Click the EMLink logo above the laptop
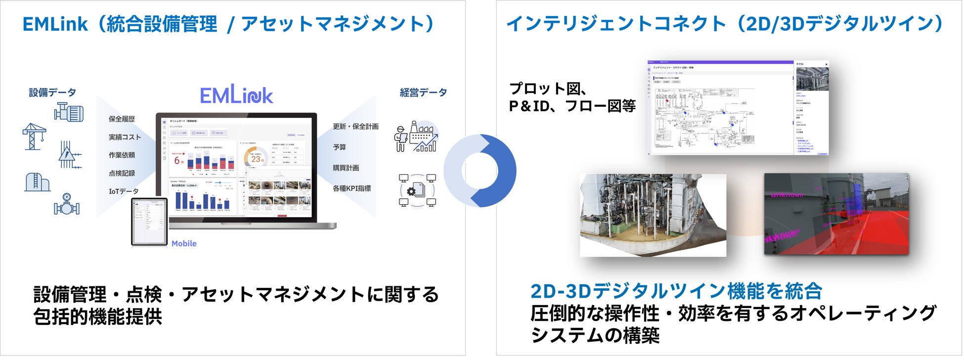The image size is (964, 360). pyautogui.click(x=236, y=94)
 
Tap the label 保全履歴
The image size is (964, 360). pyautogui.click(x=122, y=119)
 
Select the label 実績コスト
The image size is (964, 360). pyautogui.click(x=125, y=137)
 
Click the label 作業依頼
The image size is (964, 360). pyautogui.click(x=122, y=155)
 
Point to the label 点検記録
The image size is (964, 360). pyautogui.click(x=122, y=174)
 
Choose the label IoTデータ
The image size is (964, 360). pyautogui.click(x=124, y=191)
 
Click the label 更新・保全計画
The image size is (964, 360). pyautogui.click(x=355, y=127)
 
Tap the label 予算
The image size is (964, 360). pyautogui.click(x=339, y=147)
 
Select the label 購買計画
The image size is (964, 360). pyautogui.click(x=346, y=168)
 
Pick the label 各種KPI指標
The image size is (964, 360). pyautogui.click(x=351, y=188)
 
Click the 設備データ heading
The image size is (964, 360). pyautogui.click(x=52, y=92)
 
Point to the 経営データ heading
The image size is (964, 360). pyautogui.click(x=423, y=92)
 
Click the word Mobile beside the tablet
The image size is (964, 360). pyautogui.click(x=184, y=244)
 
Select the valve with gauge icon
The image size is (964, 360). pyautogui.click(x=67, y=204)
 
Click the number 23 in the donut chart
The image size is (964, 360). pyautogui.click(x=256, y=159)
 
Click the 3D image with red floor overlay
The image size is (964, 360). pyautogui.click(x=836, y=214)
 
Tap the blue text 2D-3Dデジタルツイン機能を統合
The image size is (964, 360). pyautogui.click(x=676, y=291)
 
